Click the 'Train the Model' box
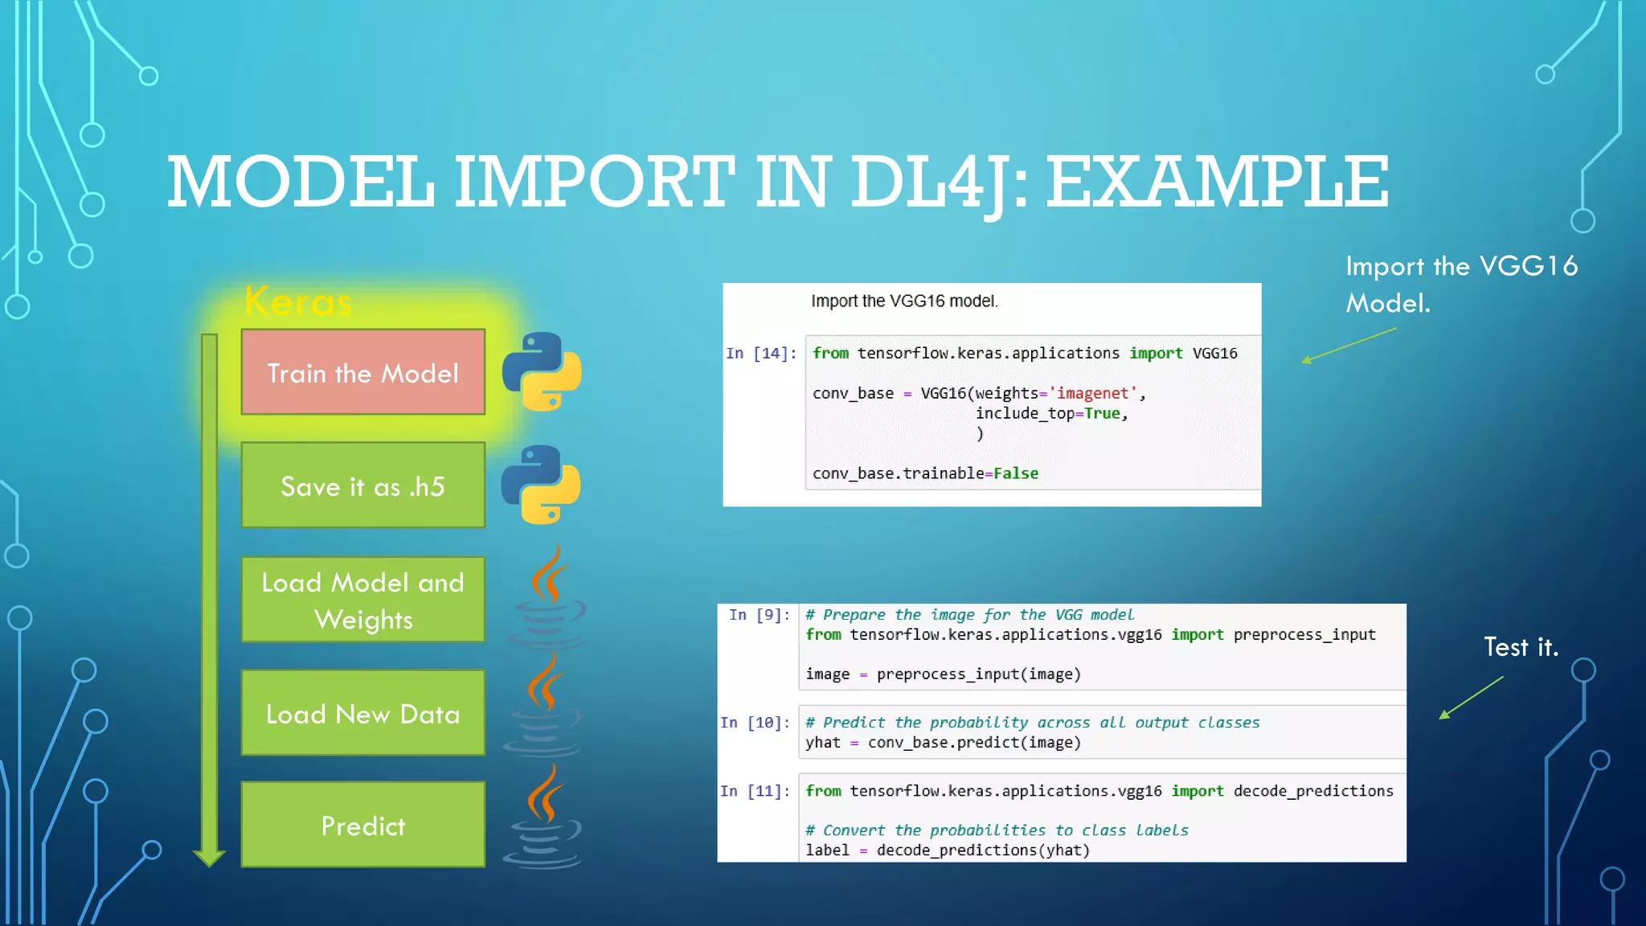pyautogui.click(x=362, y=372)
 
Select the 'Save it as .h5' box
pyautogui.click(x=362, y=486)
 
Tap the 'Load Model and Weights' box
pyautogui.click(x=362, y=600)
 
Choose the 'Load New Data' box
pyautogui.click(x=362, y=713)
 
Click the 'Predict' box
pyautogui.click(x=362, y=825)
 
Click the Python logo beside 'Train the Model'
pyautogui.click(x=542, y=371)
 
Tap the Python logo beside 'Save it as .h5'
pyautogui.click(x=541, y=485)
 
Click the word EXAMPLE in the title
pyautogui.click(x=1217, y=182)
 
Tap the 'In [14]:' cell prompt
pyautogui.click(x=760, y=354)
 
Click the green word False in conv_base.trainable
pyautogui.click(x=1016, y=473)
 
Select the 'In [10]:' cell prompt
pyautogui.click(x=755, y=723)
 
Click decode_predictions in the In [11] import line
pyautogui.click(x=1312, y=791)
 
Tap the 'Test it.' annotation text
pyautogui.click(x=1521, y=647)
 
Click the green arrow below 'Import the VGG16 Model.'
pyautogui.click(x=1348, y=346)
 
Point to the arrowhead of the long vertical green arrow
pyautogui.click(x=209, y=858)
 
